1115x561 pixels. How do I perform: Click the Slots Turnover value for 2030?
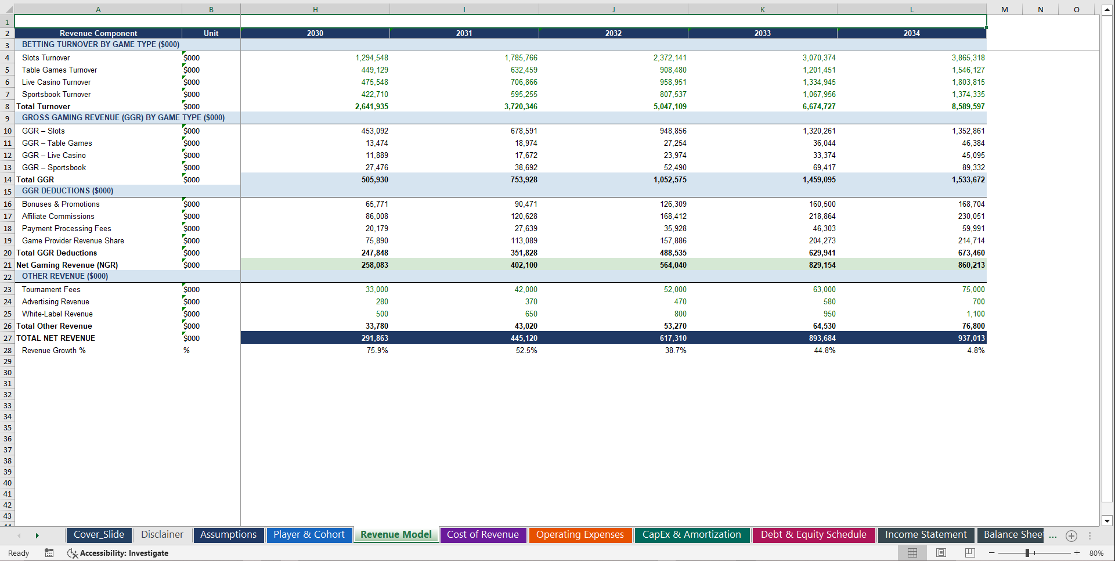371,57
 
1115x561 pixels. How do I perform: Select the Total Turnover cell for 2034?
968,106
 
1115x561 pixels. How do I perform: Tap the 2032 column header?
613,33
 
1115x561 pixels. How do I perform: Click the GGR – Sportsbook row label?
54,167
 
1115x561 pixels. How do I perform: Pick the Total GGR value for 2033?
819,179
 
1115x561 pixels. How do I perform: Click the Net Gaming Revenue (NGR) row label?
67,265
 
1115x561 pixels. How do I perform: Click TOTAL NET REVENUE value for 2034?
971,338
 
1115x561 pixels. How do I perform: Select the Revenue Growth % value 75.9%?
377,350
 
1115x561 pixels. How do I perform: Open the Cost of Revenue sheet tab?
482,534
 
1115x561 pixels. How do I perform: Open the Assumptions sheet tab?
228,534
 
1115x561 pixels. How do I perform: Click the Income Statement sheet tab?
926,534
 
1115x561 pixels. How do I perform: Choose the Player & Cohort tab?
309,534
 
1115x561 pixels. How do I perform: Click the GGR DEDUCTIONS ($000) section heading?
67,190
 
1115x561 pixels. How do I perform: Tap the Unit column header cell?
211,33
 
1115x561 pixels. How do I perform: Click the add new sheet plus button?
1071,535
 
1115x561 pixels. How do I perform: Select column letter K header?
762,9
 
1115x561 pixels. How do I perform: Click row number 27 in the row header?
8,338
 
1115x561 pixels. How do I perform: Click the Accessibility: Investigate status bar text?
124,553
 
